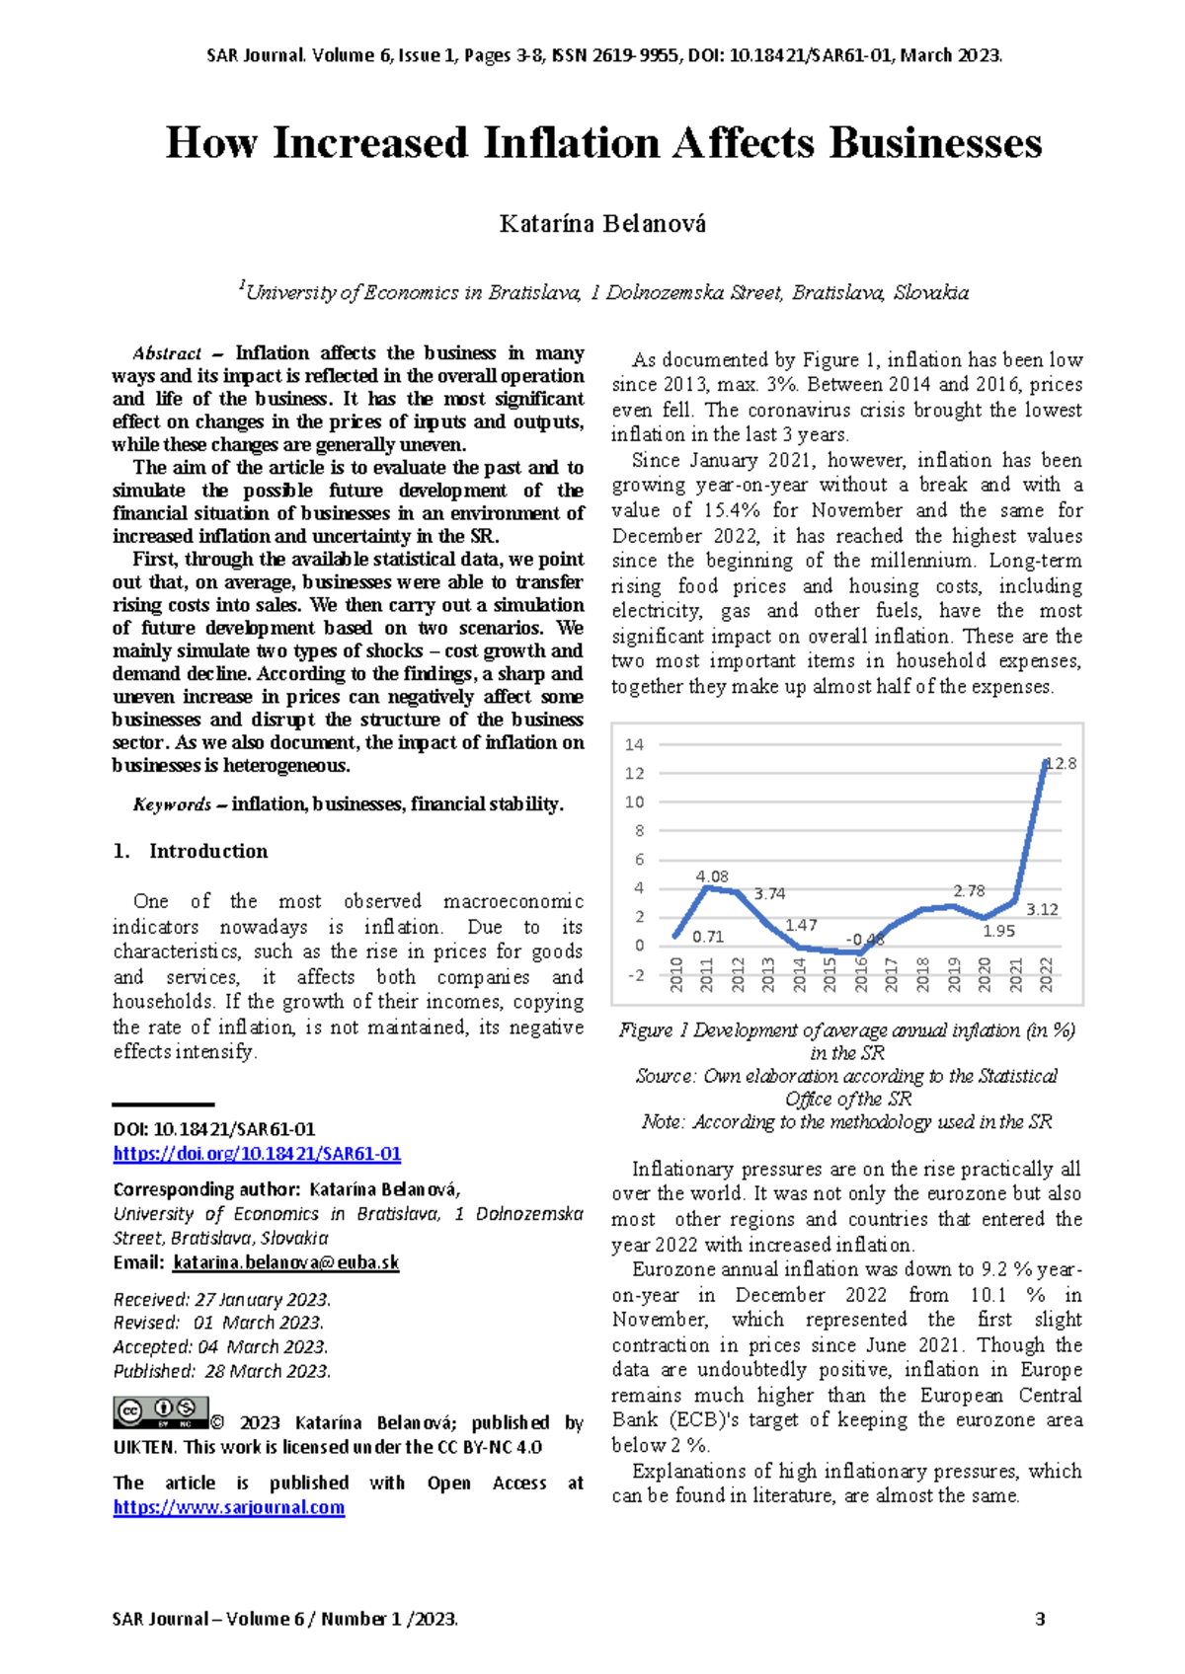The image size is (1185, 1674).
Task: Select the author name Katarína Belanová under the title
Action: [x=602, y=224]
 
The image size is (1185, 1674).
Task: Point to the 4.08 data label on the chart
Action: [x=712, y=876]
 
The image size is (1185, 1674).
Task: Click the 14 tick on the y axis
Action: [x=634, y=744]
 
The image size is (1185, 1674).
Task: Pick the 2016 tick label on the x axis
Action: [x=861, y=975]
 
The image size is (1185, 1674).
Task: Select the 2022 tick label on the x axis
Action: [x=1047, y=975]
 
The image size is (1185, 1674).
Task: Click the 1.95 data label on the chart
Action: [x=998, y=931]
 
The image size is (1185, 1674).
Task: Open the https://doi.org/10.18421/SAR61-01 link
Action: [x=257, y=1154]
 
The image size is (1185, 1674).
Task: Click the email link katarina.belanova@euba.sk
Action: [x=285, y=1262]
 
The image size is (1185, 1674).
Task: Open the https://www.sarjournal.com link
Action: [x=228, y=1507]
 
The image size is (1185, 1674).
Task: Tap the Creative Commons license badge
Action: [x=160, y=1412]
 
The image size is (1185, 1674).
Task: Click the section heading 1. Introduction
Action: [x=191, y=851]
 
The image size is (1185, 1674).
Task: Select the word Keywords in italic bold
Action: [x=172, y=804]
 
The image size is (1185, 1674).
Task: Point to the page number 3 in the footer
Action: [x=1039, y=1619]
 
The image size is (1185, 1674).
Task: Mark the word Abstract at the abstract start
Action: [x=167, y=353]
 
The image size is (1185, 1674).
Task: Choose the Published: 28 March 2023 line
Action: [x=221, y=1371]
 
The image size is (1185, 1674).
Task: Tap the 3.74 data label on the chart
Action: [x=769, y=893]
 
